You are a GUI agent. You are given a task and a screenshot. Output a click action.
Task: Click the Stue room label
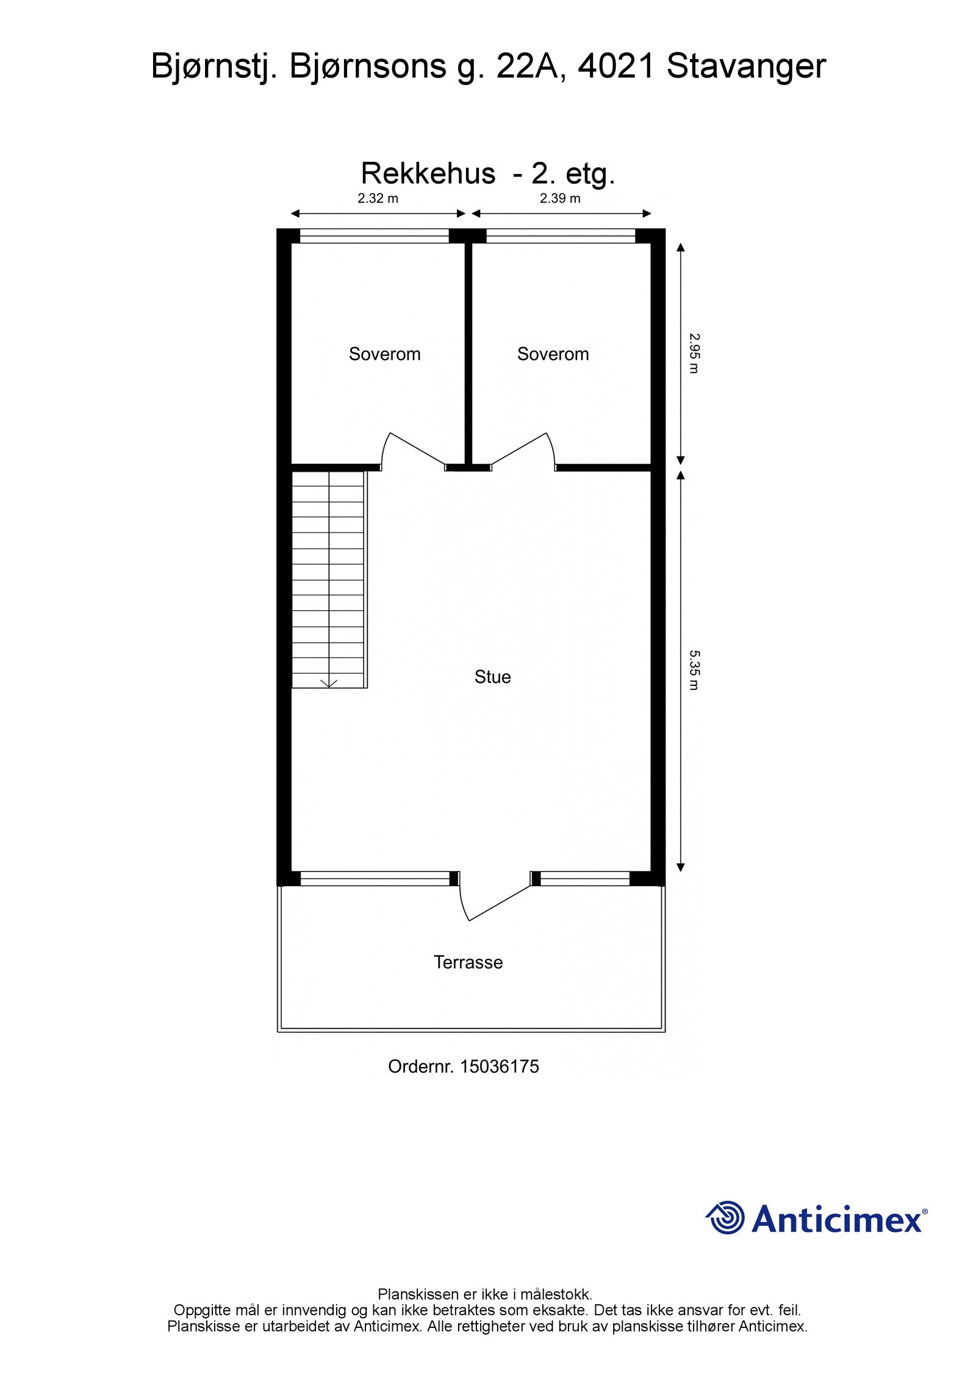[x=492, y=677]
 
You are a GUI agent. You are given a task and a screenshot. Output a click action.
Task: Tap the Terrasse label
[x=468, y=962]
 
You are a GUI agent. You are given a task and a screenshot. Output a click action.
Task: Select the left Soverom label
[x=384, y=354]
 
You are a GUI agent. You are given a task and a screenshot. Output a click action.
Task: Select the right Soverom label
[x=553, y=354]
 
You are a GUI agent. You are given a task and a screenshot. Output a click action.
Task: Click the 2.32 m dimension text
[x=378, y=198]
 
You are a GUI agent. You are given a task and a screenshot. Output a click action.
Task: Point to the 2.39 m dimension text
[x=559, y=198]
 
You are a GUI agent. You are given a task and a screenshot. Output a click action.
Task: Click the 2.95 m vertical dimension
[x=694, y=353]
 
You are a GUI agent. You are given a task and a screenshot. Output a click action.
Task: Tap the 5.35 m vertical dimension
[x=694, y=669]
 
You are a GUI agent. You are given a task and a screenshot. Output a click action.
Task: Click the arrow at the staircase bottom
[x=329, y=682]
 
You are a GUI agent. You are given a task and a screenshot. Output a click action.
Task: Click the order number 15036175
[x=499, y=1066]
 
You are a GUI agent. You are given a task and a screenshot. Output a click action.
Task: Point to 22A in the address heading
[x=527, y=66]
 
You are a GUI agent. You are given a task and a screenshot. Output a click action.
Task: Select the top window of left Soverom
[x=375, y=236]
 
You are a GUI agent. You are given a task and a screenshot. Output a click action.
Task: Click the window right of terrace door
[x=584, y=878]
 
